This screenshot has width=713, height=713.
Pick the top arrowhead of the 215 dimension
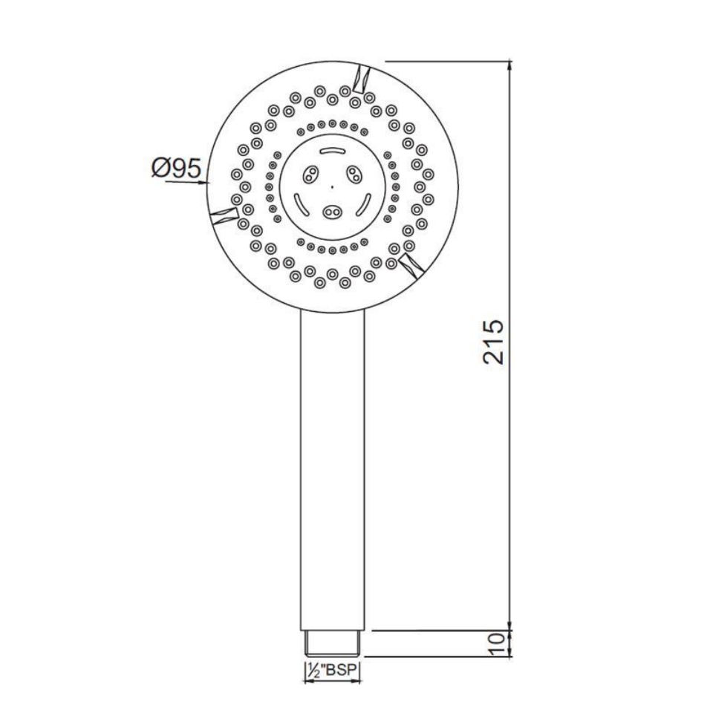(510, 66)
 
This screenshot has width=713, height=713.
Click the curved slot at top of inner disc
(332, 151)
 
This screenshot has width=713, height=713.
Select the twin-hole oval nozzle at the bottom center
(332, 212)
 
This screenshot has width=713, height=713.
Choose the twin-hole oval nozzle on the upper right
(354, 175)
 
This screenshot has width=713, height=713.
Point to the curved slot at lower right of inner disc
(365, 204)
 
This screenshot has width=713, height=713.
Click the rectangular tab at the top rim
(363, 76)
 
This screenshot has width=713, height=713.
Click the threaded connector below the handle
(332, 643)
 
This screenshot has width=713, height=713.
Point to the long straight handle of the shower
(332, 468)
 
